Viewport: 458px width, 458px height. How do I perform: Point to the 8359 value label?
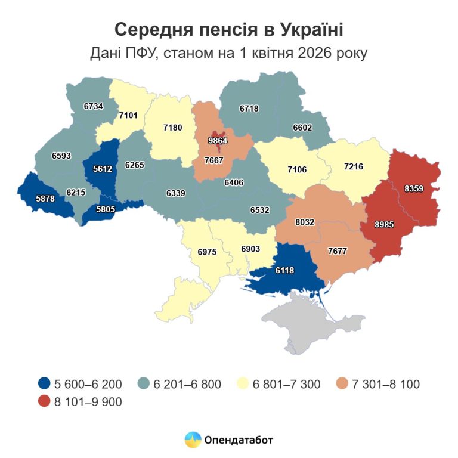tap(414, 189)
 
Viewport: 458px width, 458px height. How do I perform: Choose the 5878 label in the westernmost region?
tap(45, 199)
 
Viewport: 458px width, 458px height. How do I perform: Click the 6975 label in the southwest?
tap(207, 252)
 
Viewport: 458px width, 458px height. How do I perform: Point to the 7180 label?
tap(172, 128)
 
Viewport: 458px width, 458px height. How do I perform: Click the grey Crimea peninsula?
tap(310, 325)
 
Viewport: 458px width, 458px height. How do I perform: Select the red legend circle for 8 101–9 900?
tap(43, 402)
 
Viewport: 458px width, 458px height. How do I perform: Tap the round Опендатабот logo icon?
tap(193, 440)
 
